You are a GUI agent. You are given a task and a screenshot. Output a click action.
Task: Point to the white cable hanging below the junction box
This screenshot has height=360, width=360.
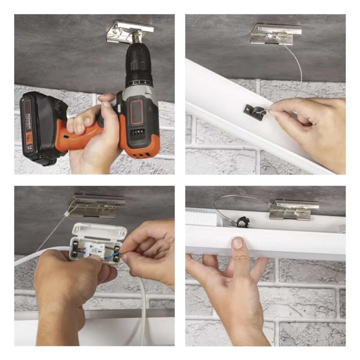click(x=143, y=307)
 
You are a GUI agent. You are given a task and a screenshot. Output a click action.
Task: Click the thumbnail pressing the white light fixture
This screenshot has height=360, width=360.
click(x=237, y=243)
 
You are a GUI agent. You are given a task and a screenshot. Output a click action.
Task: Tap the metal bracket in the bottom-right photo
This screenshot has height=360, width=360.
click(x=294, y=209)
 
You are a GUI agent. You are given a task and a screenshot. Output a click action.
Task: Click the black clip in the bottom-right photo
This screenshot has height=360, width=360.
click(x=241, y=221)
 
